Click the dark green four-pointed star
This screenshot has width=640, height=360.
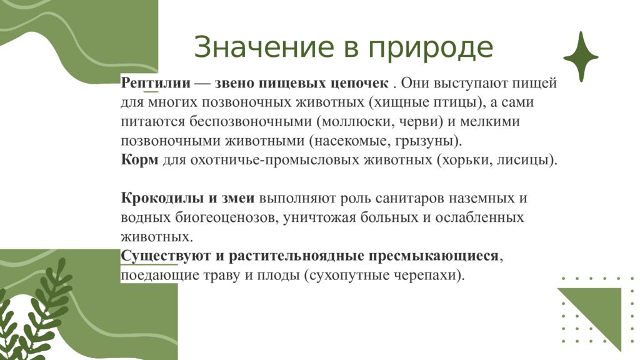pos(581,57)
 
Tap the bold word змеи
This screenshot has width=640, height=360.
pos(236,198)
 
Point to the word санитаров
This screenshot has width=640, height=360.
pos(407,198)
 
